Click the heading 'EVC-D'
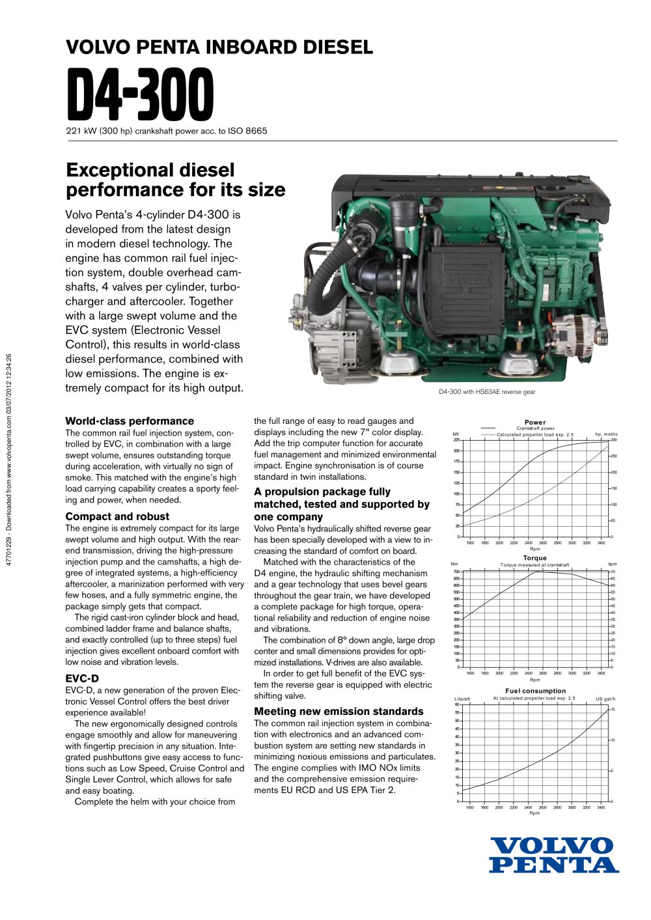point(82,678)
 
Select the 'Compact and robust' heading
point(117,516)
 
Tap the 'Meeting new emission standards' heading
point(339,711)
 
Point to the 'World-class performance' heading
point(130,421)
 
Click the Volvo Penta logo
point(553,855)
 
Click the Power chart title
point(535,423)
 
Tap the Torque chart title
point(535,558)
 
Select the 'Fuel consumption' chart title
point(535,691)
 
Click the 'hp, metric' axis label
point(606,434)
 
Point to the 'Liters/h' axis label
point(462,699)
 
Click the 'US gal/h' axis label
point(605,699)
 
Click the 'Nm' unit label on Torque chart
point(454,565)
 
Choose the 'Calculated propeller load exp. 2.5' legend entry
point(535,434)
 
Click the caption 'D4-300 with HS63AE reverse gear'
point(487,392)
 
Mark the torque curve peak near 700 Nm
point(536,571)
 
